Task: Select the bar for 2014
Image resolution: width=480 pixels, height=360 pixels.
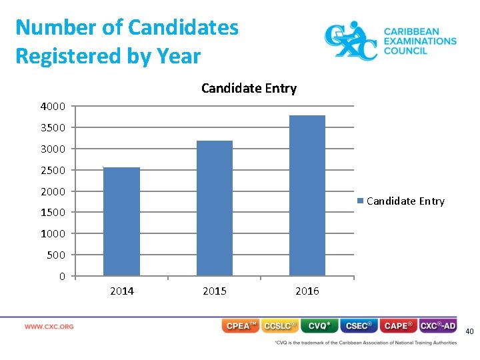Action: [x=121, y=221]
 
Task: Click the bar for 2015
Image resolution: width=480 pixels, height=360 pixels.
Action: [x=214, y=208]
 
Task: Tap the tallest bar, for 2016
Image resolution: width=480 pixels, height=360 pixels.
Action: [x=307, y=195]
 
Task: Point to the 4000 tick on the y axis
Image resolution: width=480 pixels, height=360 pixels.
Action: [x=53, y=106]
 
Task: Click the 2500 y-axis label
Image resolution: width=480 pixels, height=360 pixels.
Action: [x=53, y=170]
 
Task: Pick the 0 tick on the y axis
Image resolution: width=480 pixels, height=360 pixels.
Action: [x=62, y=276]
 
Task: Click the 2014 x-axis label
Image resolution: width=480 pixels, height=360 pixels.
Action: [x=121, y=291]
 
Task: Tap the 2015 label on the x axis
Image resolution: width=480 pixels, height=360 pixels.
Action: [x=214, y=291]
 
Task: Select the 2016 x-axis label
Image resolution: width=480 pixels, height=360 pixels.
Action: [x=307, y=291]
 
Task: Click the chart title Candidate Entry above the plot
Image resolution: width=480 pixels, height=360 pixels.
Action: [x=249, y=88]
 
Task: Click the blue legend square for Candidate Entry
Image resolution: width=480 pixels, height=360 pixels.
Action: [x=361, y=201]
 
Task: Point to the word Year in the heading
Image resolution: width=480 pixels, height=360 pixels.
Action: [x=179, y=56]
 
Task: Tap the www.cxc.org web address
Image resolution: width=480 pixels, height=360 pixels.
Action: [x=49, y=327]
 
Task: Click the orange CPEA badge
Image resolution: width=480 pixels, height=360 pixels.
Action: [x=240, y=326]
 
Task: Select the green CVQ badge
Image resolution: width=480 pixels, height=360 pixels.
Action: [x=319, y=326]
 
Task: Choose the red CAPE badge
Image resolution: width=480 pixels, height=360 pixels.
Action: [x=399, y=326]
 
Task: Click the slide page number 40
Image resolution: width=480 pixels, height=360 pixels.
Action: [x=469, y=331]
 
